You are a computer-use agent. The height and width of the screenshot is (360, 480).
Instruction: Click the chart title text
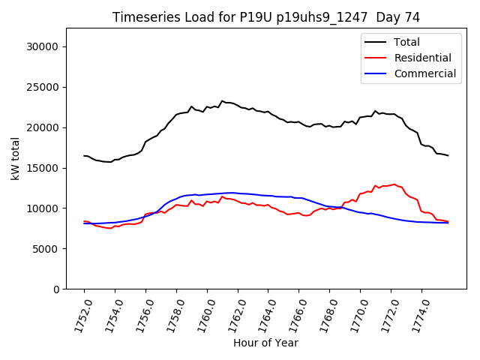[266, 16]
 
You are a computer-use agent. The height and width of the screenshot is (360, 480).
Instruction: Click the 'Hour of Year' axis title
[265, 343]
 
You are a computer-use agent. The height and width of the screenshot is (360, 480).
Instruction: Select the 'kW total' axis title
[15, 158]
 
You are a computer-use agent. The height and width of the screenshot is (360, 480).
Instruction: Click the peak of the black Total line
[222, 100]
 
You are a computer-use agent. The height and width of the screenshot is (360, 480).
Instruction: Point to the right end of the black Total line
[448, 155]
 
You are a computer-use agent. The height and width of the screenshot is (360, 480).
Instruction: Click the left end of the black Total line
[84, 155]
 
